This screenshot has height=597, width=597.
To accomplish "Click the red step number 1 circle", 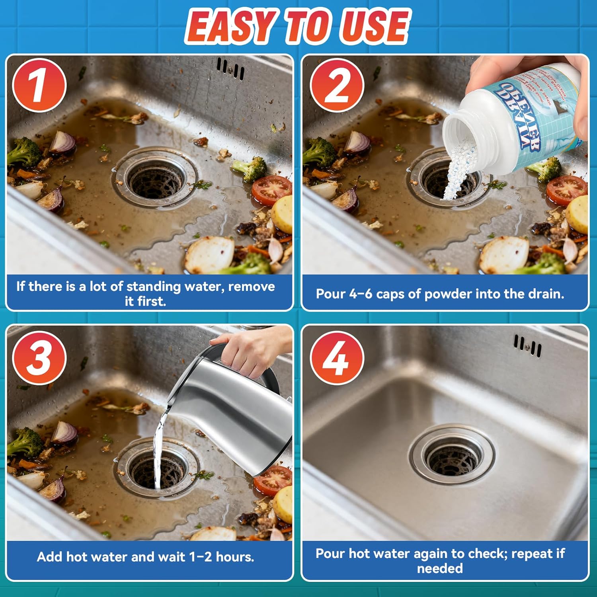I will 39,85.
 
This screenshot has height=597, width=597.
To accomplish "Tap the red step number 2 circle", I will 337,85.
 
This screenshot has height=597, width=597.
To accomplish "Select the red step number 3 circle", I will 39,358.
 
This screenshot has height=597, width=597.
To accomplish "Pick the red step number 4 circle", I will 337,358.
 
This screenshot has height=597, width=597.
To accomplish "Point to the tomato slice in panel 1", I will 272,190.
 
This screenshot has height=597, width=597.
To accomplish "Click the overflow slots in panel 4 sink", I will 527,345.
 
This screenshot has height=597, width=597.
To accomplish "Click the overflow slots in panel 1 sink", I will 230,68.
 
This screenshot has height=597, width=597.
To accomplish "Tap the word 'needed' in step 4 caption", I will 440,568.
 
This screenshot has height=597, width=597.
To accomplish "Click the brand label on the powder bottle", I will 517,115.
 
